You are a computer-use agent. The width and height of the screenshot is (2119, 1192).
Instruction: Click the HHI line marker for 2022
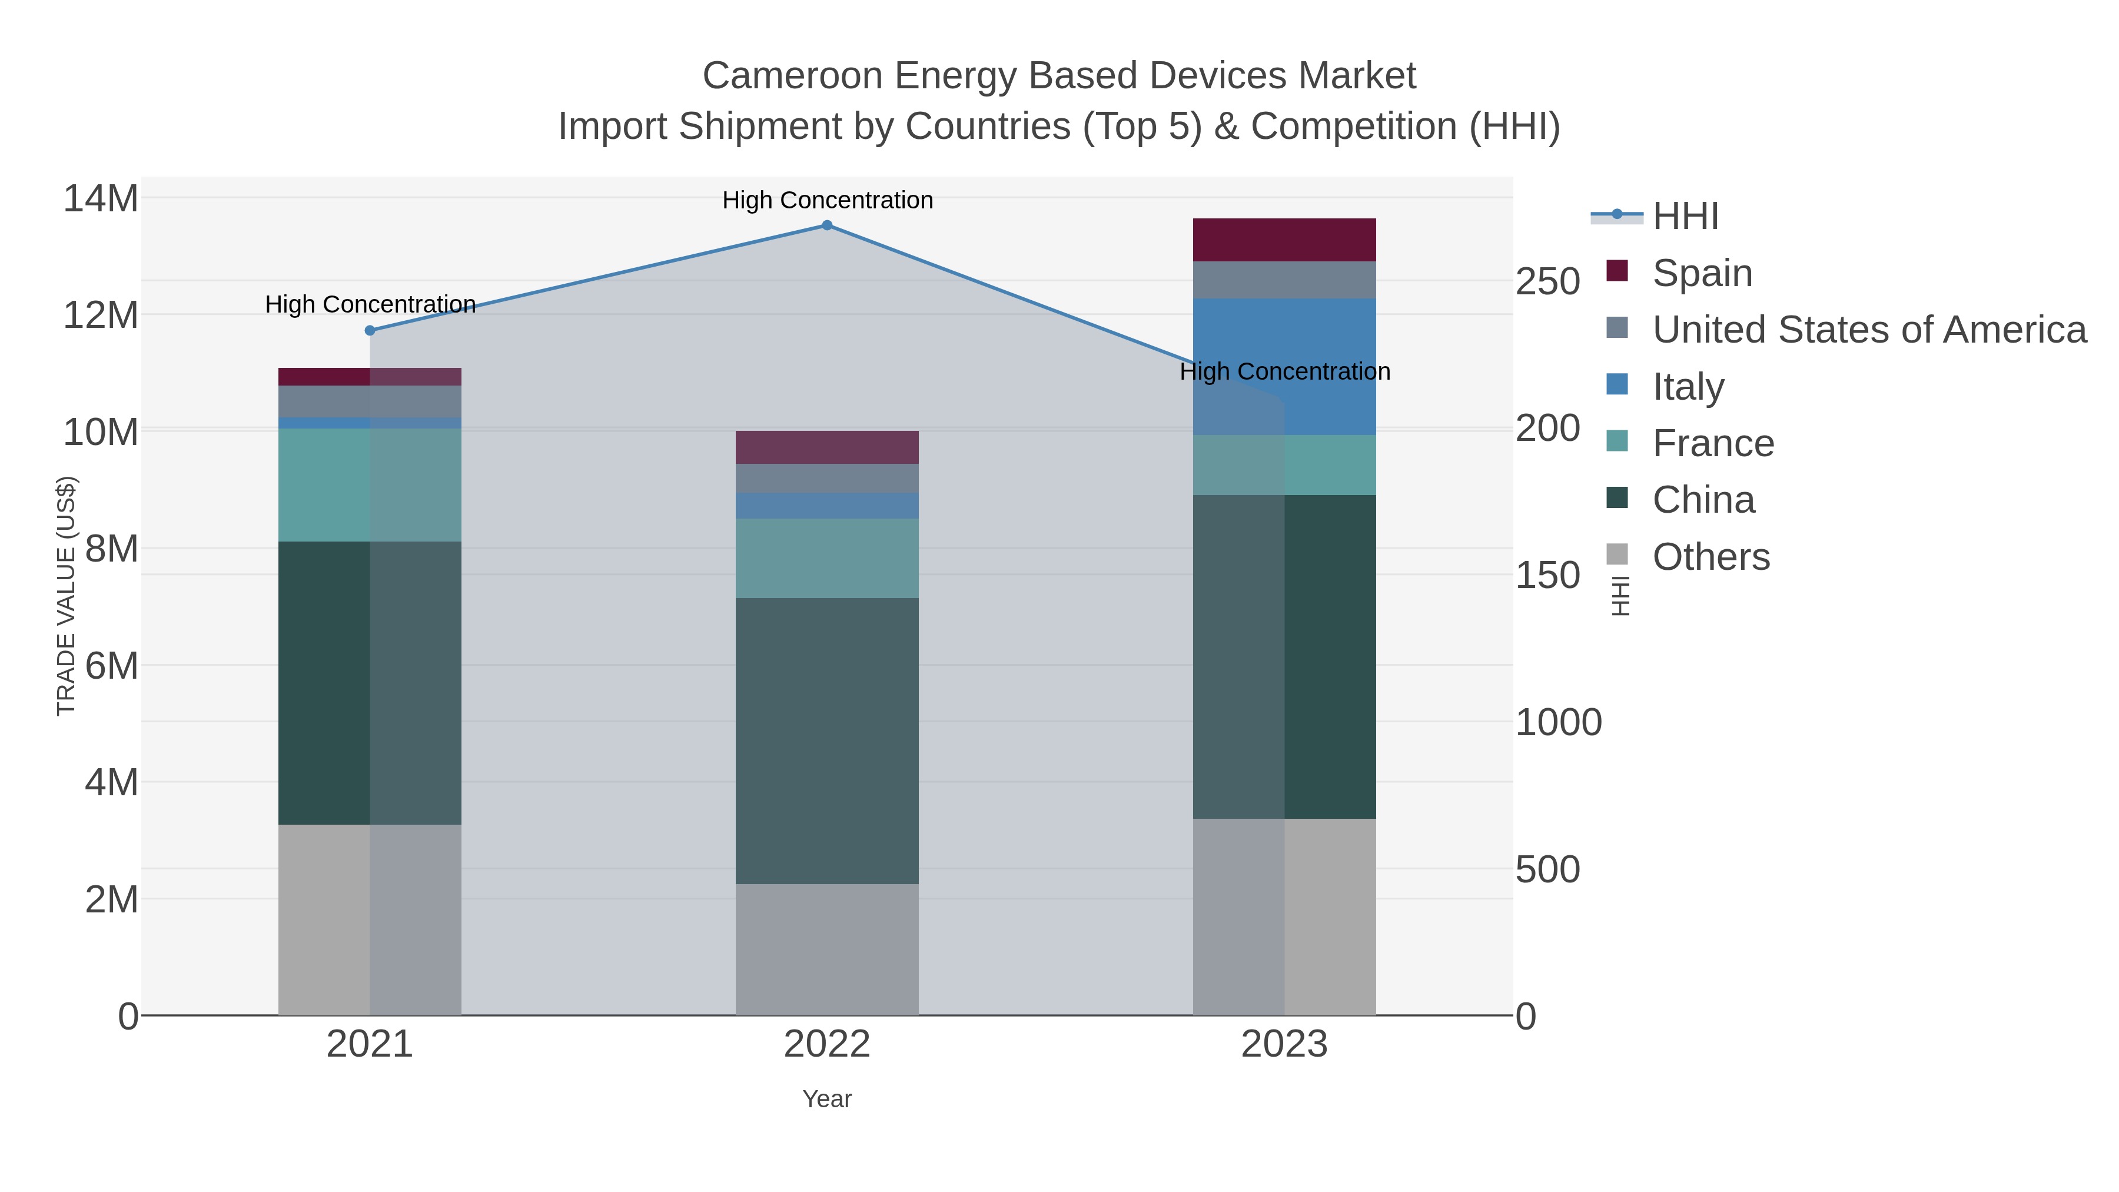click(x=827, y=225)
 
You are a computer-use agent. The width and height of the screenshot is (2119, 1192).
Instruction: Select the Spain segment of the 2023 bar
click(x=1284, y=240)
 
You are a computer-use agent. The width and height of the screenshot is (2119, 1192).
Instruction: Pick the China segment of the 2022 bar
click(x=827, y=741)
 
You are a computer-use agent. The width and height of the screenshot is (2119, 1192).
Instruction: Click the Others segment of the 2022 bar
click(x=827, y=949)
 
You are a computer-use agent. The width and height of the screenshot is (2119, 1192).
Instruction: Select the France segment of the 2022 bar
click(x=827, y=558)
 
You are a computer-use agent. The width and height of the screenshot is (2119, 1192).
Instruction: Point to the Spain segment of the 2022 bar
click(x=827, y=447)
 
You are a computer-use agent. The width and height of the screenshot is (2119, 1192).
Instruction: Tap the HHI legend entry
click(x=1685, y=217)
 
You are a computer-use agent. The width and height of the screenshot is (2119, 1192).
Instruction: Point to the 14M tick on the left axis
click(x=100, y=199)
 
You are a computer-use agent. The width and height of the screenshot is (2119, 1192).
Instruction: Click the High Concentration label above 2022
click(x=827, y=200)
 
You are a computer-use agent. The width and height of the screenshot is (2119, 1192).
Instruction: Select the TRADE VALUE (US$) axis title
click(x=66, y=596)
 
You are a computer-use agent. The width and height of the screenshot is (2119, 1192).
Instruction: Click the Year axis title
click(x=827, y=1099)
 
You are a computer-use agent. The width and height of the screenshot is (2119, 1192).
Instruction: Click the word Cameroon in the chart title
click(x=792, y=76)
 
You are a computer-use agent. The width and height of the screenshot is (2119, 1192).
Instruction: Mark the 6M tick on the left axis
click(x=111, y=666)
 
